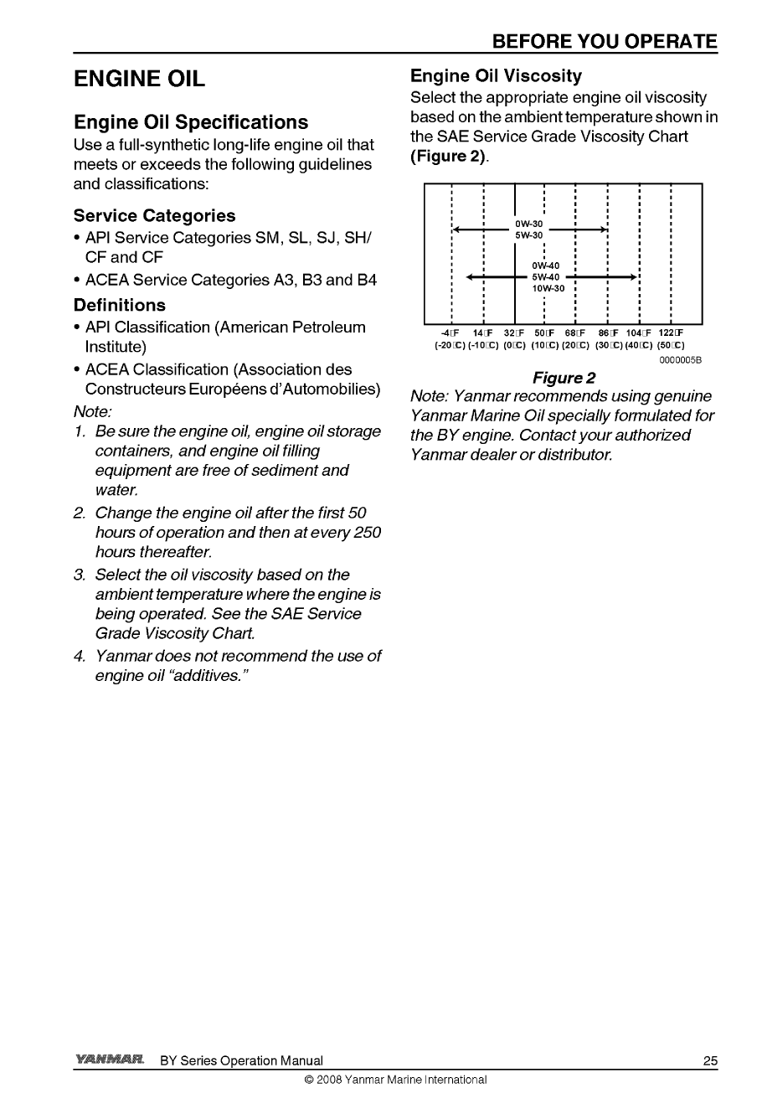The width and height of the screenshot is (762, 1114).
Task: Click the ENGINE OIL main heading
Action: (x=140, y=80)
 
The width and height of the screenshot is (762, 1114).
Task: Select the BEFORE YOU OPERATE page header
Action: (x=605, y=42)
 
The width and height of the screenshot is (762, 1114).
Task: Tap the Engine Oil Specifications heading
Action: (x=191, y=122)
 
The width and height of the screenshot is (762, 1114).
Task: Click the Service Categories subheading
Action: (x=154, y=216)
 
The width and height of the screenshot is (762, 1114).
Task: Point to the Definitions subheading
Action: (x=120, y=305)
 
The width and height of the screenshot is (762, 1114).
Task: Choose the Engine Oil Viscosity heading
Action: (x=496, y=76)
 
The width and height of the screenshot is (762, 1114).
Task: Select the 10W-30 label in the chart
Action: (x=549, y=289)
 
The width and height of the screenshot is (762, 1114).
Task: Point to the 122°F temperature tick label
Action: (x=672, y=333)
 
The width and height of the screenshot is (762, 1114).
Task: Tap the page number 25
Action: (x=710, y=1061)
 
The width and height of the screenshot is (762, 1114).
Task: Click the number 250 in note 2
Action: (x=365, y=533)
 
